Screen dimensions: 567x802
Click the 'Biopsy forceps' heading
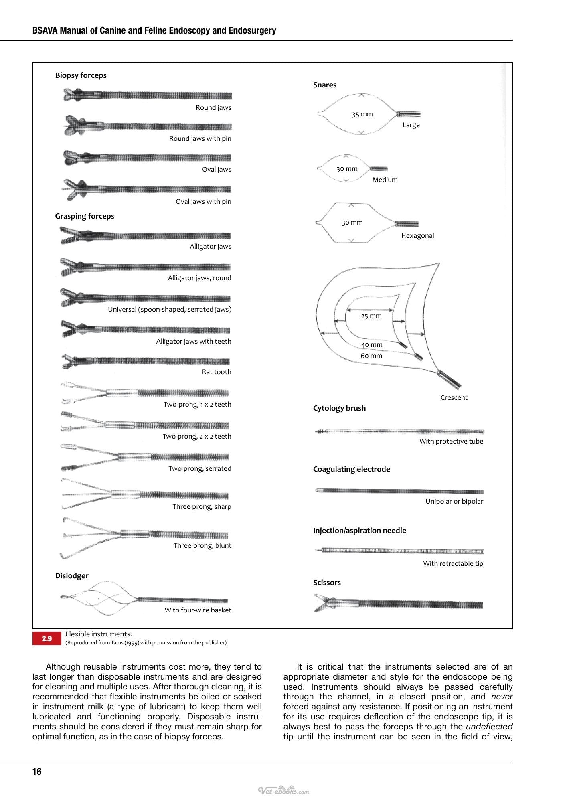[x=81, y=75]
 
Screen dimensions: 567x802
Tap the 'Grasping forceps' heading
[x=85, y=216]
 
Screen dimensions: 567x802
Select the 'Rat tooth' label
[x=217, y=372]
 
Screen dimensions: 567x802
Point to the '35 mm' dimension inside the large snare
[x=362, y=114]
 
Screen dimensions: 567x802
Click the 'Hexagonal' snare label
[x=417, y=235]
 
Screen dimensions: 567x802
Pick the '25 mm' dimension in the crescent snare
[x=371, y=316]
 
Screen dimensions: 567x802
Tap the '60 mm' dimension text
[x=371, y=356]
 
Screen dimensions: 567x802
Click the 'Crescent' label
[x=454, y=397]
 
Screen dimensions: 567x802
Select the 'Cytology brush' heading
[x=339, y=408]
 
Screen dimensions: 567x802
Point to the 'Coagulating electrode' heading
[x=351, y=469]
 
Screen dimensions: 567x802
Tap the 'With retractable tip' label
[x=453, y=563]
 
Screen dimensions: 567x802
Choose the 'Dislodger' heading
[x=72, y=576]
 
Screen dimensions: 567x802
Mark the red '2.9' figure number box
[x=47, y=638]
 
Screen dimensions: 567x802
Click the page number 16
[x=37, y=772]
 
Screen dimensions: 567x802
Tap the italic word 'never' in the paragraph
[x=502, y=697]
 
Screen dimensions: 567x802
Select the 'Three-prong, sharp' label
[x=202, y=506]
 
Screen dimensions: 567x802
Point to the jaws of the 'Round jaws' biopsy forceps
[x=74, y=95]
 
